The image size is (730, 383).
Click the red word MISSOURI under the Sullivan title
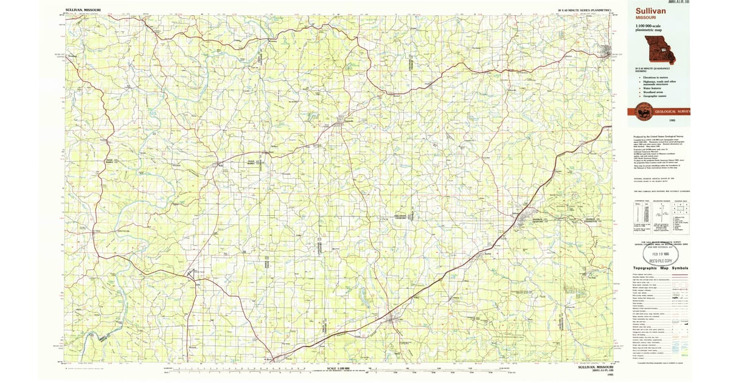[645, 18]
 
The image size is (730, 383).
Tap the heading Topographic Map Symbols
[661, 268]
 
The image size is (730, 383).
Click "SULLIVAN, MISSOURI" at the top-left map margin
[84, 10]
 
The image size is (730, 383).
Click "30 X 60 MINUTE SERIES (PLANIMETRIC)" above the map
[584, 10]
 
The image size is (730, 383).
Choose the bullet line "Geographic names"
[653, 96]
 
